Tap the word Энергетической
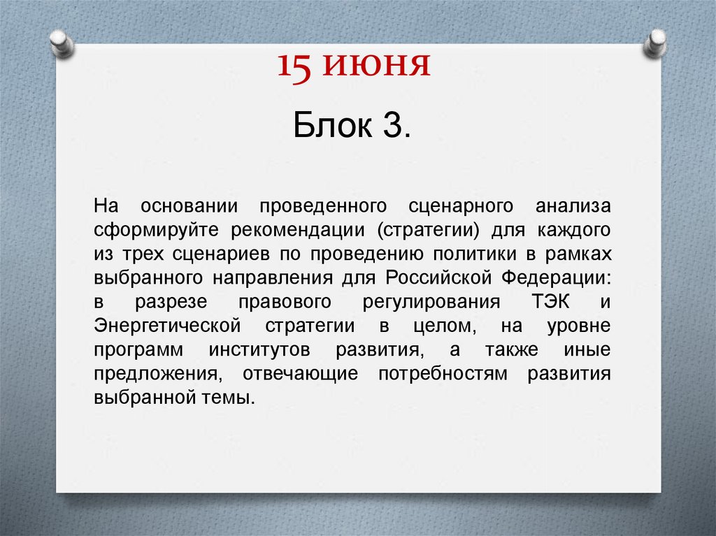click(167, 326)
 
